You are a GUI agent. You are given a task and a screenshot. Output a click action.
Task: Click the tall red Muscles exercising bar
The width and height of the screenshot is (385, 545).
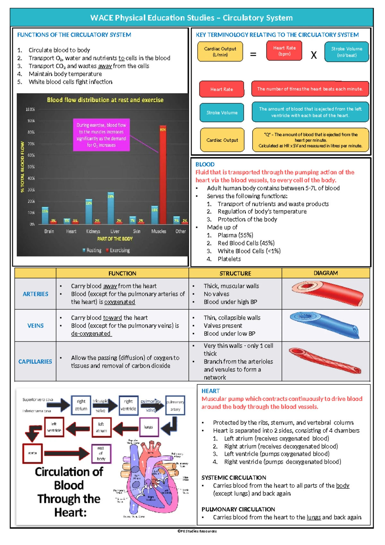(x=163, y=175)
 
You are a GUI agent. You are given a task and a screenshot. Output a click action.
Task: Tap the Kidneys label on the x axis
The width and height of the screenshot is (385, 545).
(x=93, y=231)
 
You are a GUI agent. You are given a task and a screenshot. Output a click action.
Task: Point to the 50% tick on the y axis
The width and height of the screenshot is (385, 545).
(x=31, y=167)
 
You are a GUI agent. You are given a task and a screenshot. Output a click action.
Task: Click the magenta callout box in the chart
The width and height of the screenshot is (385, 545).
(x=101, y=135)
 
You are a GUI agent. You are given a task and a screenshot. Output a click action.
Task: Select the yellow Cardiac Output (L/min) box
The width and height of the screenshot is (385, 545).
(x=220, y=52)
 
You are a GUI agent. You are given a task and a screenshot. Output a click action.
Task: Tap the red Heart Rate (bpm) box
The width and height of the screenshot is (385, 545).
(x=284, y=51)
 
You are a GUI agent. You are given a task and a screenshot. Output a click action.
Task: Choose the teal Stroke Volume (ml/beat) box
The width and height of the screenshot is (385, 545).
(x=346, y=52)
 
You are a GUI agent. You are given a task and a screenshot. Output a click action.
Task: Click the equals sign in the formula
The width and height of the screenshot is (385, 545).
(x=253, y=55)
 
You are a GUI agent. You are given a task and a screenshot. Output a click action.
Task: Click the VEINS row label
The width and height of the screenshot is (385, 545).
(x=35, y=326)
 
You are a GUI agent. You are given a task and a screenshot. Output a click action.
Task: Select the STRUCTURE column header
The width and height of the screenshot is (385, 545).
(x=235, y=273)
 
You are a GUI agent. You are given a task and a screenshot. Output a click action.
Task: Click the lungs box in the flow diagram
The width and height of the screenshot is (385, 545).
(x=149, y=427)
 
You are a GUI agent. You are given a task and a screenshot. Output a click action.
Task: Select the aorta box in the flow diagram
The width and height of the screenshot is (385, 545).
(x=32, y=453)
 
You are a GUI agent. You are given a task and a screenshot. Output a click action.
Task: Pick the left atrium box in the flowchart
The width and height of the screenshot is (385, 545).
(x=101, y=427)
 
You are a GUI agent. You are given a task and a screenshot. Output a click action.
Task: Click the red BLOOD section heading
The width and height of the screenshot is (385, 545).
(x=205, y=164)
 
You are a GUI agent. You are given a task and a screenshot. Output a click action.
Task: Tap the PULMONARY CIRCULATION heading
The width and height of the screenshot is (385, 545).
(x=238, y=509)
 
